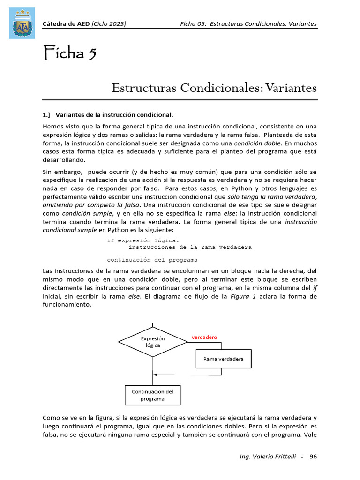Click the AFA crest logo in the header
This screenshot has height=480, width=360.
tap(22, 23)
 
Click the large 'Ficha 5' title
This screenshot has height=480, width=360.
tap(70, 53)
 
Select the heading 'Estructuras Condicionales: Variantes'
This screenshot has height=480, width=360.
tap(214, 88)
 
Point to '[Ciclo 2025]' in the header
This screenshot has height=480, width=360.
tap(109, 24)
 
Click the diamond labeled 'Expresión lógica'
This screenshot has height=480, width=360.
tap(153, 342)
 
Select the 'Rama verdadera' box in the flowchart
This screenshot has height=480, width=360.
tap(223, 360)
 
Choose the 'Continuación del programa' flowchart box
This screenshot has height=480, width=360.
tap(152, 395)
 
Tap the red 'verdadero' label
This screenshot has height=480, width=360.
tap(204, 337)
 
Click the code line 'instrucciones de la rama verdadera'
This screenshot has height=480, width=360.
tap(190, 247)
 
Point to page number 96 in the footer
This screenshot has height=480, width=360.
tap(314, 456)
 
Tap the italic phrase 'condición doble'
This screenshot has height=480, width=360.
tap(258, 143)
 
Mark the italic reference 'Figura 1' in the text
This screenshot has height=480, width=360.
tap(243, 296)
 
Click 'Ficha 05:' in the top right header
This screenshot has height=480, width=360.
tap(194, 24)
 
